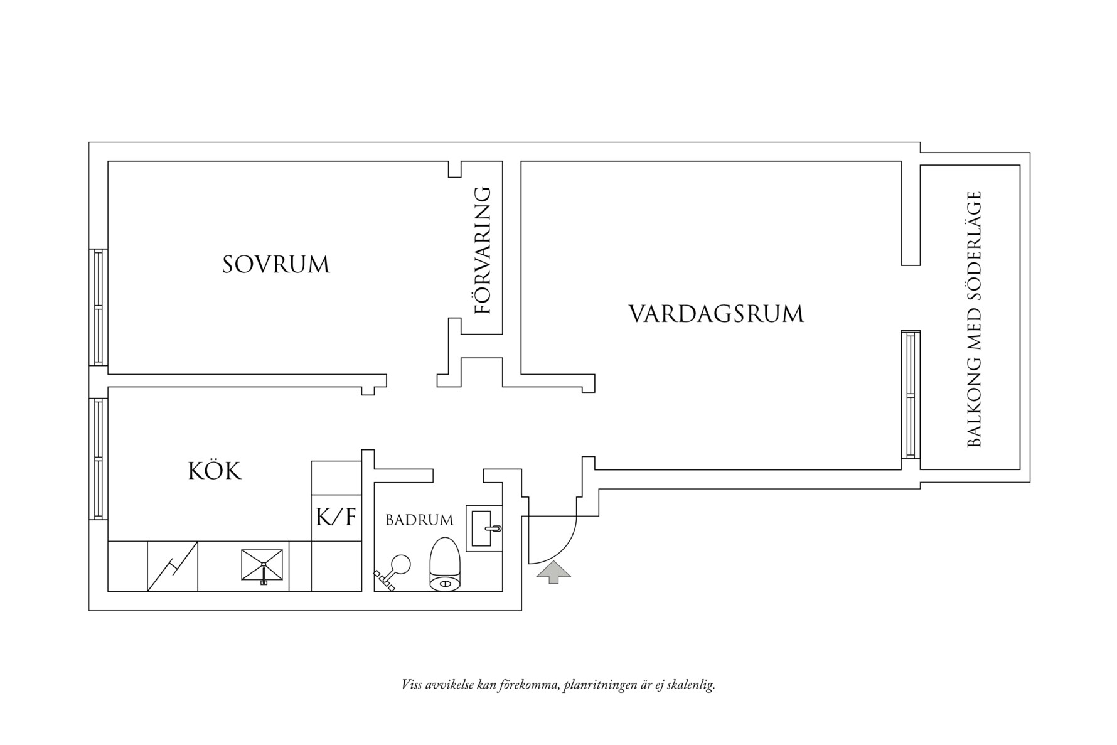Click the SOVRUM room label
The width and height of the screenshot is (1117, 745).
coord(275,265)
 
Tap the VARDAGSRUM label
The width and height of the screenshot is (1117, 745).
coord(716,314)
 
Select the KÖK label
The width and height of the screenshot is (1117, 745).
coord(215,471)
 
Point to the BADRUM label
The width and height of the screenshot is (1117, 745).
coord(419,520)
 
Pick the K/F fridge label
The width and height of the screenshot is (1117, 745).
coord(336,518)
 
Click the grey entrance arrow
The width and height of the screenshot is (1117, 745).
coord(553,572)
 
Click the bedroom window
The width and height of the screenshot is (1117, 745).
coord(98,307)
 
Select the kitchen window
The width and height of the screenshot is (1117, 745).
coord(98,459)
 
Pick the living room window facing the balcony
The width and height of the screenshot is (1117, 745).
coord(910,394)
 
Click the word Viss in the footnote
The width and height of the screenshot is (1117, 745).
coord(412,685)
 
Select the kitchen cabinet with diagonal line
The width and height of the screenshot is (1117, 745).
coord(173,566)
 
